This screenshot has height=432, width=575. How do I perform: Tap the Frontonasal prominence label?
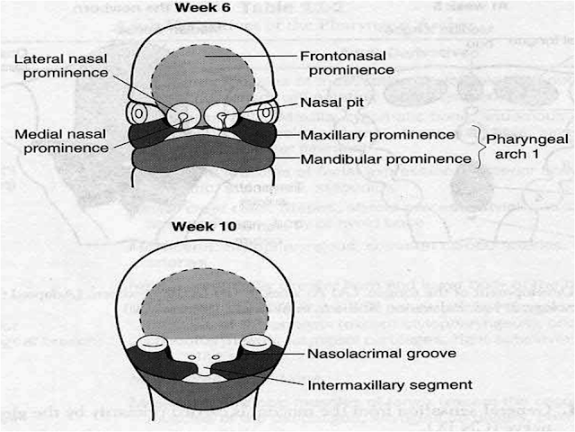tap(346, 64)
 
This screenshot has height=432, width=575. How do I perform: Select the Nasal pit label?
tap(332, 103)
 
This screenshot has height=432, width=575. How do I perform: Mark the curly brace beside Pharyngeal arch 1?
tap(477, 147)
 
